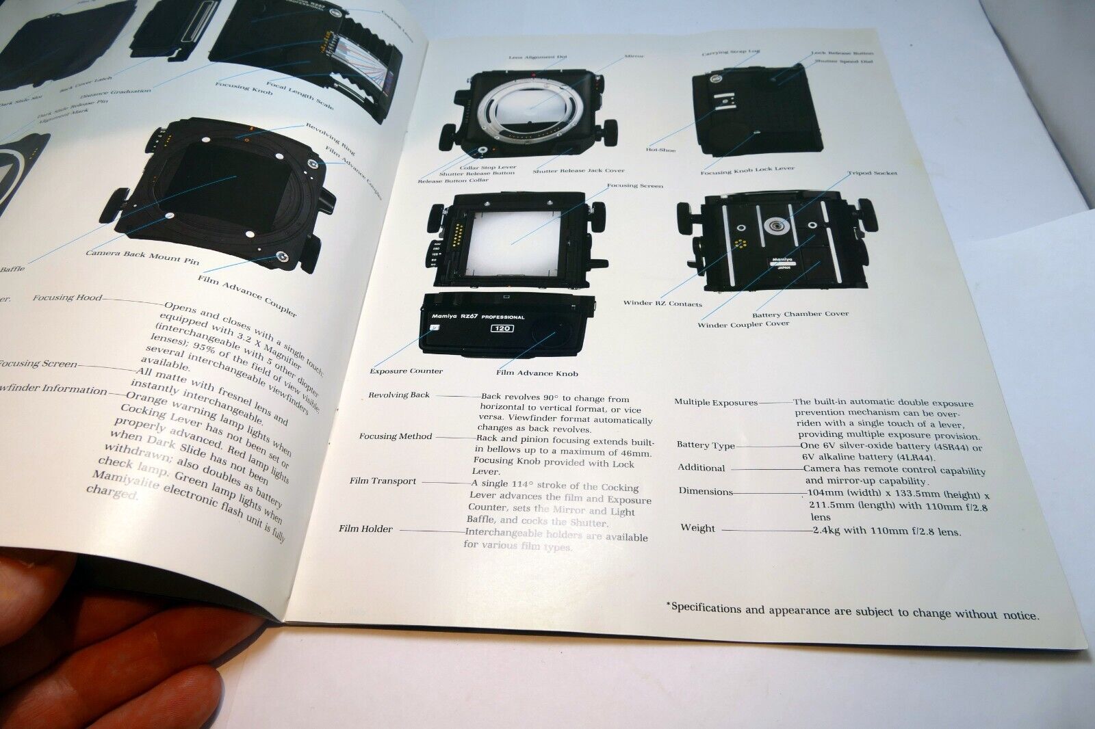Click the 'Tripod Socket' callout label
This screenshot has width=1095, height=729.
click(x=873, y=174)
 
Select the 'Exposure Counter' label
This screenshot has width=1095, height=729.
click(x=406, y=371)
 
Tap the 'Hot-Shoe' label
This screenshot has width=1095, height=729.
click(x=661, y=149)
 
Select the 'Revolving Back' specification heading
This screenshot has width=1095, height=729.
click(x=399, y=395)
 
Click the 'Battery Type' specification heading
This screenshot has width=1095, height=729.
click(x=706, y=445)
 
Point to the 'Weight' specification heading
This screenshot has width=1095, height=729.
click(x=697, y=528)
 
